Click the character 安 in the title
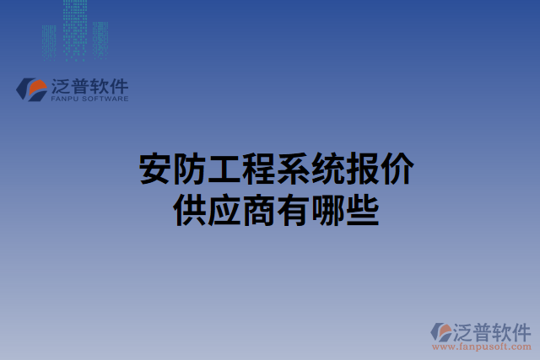tap(154, 169)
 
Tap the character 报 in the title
tap(362, 169)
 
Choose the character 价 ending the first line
tap(396, 169)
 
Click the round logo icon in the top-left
tap(34, 89)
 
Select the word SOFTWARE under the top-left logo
tap(105, 99)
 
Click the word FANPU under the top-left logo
tap(64, 99)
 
